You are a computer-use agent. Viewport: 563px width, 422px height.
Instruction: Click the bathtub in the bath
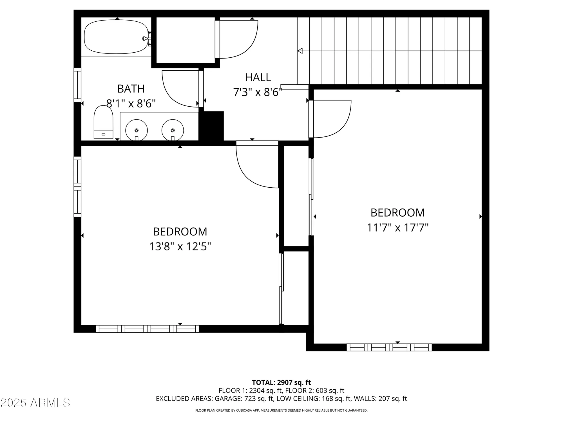[x=116, y=37]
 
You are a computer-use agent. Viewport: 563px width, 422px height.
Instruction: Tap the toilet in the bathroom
[x=103, y=123]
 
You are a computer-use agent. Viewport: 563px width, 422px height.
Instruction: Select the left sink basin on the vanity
[x=137, y=130]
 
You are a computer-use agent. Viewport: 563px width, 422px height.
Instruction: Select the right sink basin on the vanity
[x=173, y=130]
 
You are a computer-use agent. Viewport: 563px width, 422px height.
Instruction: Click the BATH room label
[x=131, y=89]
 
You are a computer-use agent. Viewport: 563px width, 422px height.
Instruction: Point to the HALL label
[x=258, y=77]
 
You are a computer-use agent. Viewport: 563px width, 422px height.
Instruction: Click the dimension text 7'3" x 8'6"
[x=258, y=92]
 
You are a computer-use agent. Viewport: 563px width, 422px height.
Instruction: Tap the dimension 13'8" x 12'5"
[x=180, y=247]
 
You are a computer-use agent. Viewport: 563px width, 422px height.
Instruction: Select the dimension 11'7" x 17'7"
[x=397, y=228]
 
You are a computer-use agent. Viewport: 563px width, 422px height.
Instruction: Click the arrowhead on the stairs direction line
[x=300, y=51]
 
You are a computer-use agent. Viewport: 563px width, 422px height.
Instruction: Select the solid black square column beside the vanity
[x=212, y=127]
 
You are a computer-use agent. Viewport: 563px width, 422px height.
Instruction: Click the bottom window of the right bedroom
[x=389, y=347]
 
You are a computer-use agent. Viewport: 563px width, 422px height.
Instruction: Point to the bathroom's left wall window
[x=77, y=85]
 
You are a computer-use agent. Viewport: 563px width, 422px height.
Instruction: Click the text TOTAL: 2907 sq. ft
[x=281, y=383]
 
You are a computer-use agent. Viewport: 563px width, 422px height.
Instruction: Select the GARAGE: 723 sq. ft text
[x=244, y=399]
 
